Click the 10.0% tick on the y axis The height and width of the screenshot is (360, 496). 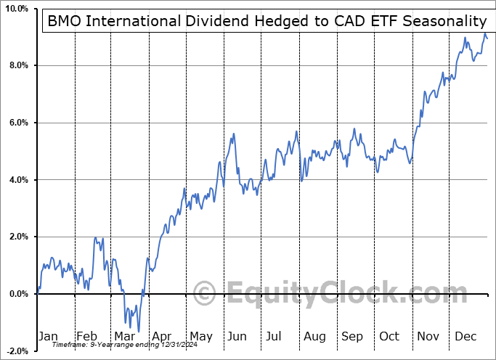[15, 9]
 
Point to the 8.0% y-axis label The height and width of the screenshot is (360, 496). [17, 65]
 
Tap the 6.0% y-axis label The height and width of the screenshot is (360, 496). [17, 123]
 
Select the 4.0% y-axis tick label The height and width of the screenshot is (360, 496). [17, 180]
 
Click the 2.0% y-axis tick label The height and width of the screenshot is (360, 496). [17, 237]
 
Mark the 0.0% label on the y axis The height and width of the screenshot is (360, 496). [17, 294]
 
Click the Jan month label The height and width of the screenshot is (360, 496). [47, 336]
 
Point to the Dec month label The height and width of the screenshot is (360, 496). [465, 336]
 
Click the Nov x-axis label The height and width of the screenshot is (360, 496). [427, 336]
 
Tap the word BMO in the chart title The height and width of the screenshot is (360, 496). [65, 22]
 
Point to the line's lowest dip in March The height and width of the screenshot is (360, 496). [138, 331]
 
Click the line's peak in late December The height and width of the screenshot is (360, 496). [485, 35]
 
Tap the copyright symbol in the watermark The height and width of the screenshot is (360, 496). [206, 294]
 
